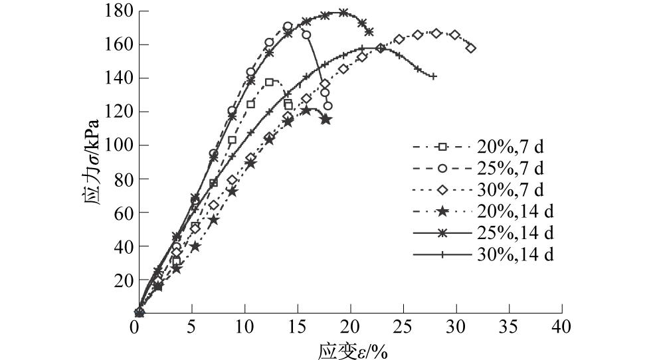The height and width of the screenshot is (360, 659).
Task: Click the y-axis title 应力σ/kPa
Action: click(x=93, y=163)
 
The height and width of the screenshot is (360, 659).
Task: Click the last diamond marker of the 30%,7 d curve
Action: click(x=471, y=48)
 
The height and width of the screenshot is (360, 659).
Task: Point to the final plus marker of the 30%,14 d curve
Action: click(x=433, y=76)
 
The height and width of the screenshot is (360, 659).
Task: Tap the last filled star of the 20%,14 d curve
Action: click(x=326, y=120)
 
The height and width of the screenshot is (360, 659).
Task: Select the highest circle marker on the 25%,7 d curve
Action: click(x=288, y=27)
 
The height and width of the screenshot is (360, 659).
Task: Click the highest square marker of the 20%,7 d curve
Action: click(x=270, y=82)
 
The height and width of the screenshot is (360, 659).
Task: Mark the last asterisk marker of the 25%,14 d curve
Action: click(x=369, y=32)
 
